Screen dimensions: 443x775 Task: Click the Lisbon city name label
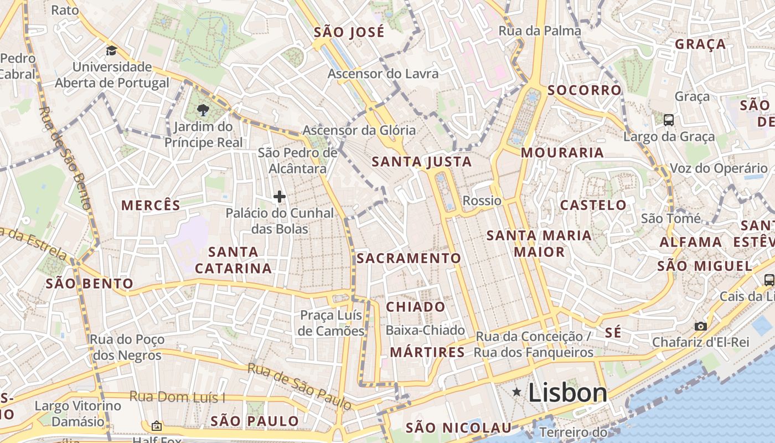click(x=567, y=393)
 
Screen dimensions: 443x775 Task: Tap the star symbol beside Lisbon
click(x=516, y=392)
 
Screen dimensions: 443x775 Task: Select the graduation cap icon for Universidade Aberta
click(x=112, y=51)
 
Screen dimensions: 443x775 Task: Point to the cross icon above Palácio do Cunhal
click(x=280, y=197)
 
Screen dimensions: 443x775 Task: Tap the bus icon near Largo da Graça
click(x=669, y=119)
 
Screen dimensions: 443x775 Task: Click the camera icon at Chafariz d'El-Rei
click(x=701, y=326)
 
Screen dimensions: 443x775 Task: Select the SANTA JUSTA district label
click(x=422, y=162)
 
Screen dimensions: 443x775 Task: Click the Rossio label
click(x=482, y=200)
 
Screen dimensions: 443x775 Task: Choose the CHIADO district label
click(x=416, y=307)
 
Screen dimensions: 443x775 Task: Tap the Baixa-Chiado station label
click(x=425, y=331)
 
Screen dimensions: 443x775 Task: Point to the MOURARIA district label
click(x=562, y=152)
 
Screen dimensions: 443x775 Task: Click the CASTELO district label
click(x=593, y=205)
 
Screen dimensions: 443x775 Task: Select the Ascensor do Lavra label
click(x=383, y=74)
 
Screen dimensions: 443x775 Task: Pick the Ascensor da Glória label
click(x=359, y=131)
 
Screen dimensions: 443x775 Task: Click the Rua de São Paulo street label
click(x=299, y=387)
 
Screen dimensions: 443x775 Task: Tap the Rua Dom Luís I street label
click(x=177, y=396)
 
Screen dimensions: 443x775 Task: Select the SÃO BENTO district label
click(x=90, y=284)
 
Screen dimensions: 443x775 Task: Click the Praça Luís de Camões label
click(x=332, y=323)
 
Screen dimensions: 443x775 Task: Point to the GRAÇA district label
click(x=700, y=44)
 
